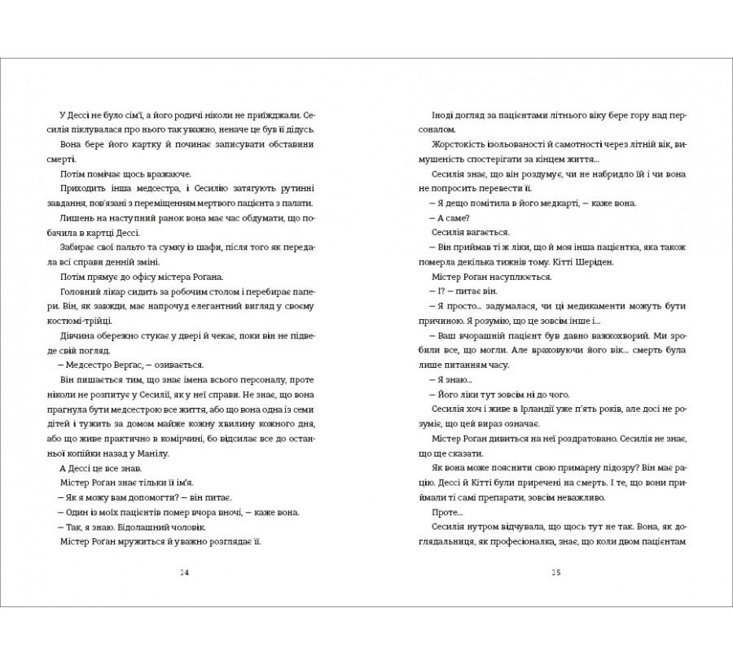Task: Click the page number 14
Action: tap(182, 572)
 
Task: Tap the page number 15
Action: tap(556, 572)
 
